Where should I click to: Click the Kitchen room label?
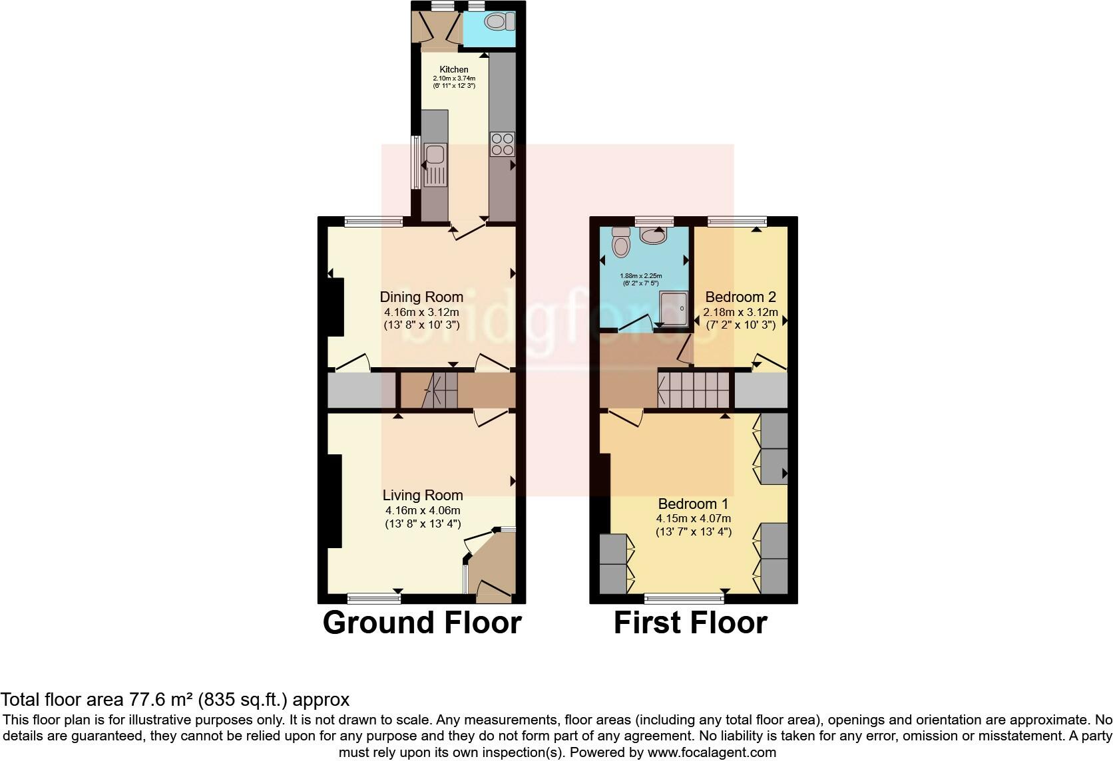pyautogui.click(x=454, y=69)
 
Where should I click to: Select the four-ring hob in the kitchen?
pyautogui.click(x=503, y=144)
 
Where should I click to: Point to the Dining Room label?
pyautogui.click(x=421, y=297)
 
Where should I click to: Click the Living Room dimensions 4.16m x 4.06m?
pyautogui.click(x=423, y=510)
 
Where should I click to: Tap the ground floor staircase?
pyautogui.click(x=430, y=390)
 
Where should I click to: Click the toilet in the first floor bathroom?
pyautogui.click(x=621, y=243)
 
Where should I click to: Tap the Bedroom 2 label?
pyautogui.click(x=740, y=297)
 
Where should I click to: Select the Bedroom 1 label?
pyautogui.click(x=694, y=504)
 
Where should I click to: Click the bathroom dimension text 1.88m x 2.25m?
pyautogui.click(x=641, y=275)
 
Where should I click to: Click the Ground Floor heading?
pyautogui.click(x=422, y=623)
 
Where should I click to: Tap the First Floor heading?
pyautogui.click(x=690, y=623)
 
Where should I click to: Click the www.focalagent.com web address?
pyautogui.click(x=711, y=753)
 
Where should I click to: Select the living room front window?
pyautogui.click(x=373, y=597)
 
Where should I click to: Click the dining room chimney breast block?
pyautogui.click(x=335, y=307)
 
